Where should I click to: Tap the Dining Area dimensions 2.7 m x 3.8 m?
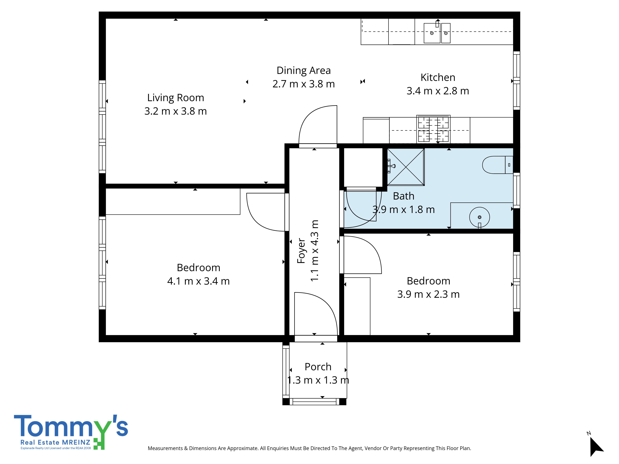coord(304,84)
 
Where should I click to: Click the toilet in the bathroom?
coord(498,165)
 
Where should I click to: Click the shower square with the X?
coord(406,167)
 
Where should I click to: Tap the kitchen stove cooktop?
coord(433,129)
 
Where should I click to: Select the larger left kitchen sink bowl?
coord(432,33)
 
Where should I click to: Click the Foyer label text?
coord(301,251)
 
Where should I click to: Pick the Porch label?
coord(318,367)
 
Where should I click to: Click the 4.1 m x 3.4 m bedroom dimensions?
coord(198,281)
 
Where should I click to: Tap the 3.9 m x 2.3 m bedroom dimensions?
coord(429,294)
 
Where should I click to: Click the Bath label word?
coord(404,196)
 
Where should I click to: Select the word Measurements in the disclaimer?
coord(165,448)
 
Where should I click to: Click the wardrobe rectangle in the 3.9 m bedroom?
coord(357,306)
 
